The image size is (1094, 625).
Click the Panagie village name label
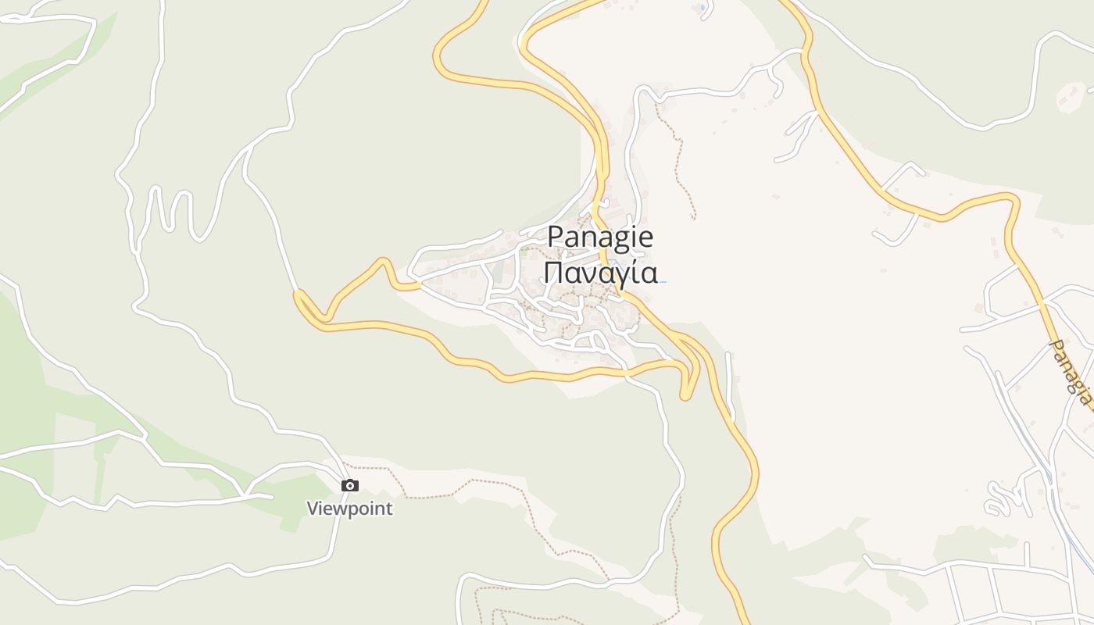click(600, 236)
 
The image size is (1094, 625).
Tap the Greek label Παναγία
click(600, 273)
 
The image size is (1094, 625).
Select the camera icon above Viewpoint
click(350, 486)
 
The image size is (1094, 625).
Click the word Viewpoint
click(349, 509)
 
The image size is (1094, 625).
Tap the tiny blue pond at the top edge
click(703, 8)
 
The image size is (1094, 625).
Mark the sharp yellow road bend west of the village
click(298, 295)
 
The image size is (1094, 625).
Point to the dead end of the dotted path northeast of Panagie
click(693, 217)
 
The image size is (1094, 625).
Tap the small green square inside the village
click(524, 251)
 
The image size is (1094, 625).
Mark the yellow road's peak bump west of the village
click(383, 261)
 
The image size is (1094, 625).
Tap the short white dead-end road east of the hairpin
click(729, 383)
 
